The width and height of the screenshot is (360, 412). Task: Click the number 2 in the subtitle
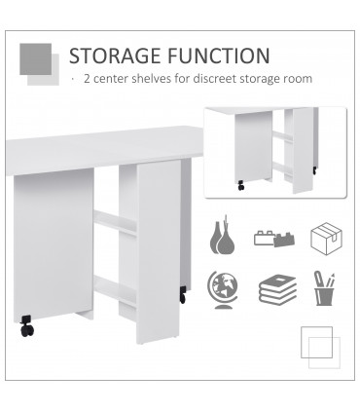(x=88, y=79)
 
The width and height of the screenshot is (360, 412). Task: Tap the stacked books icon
(x=276, y=289)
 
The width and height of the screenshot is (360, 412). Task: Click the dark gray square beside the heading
(x=36, y=57)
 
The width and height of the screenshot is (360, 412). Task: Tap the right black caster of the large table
(x=181, y=293)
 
